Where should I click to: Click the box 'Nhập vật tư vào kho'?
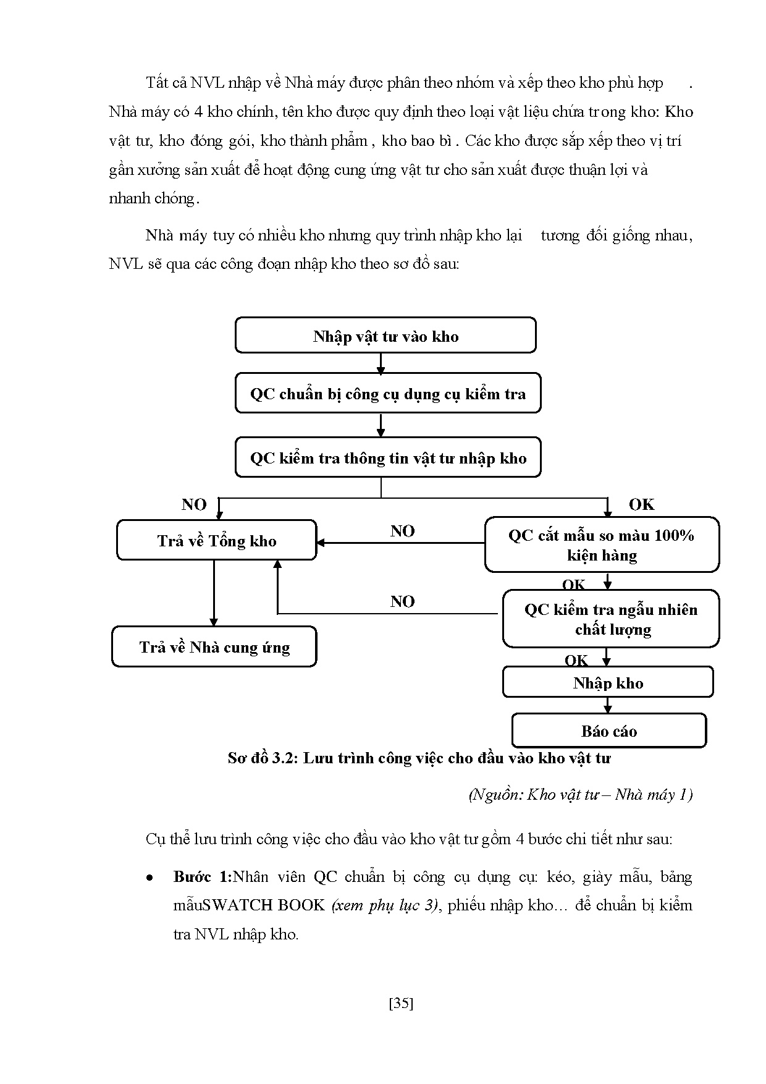pos(385,336)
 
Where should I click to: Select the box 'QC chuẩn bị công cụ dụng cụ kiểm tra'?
pos(388,393)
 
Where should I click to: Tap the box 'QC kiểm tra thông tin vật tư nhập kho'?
pos(388,457)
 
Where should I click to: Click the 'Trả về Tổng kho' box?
pos(216,541)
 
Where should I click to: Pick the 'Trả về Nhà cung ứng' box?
pos(214,646)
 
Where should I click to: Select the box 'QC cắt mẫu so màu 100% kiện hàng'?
pos(602,544)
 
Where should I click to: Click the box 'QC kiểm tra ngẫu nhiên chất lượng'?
pos(611,619)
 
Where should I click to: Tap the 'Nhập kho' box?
pos(608,682)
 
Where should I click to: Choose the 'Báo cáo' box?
pos(608,730)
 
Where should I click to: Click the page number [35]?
pos(401,1003)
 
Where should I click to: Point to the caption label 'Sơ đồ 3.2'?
pos(263,758)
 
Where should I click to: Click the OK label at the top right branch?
pos(641,504)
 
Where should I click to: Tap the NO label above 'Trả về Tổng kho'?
pos(194,504)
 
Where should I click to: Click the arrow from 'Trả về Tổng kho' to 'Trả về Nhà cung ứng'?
pos(214,593)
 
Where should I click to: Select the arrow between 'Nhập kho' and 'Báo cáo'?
pos(608,705)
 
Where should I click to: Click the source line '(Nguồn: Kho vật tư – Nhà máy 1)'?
pos(580,794)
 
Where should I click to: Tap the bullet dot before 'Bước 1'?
pos(149,878)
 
